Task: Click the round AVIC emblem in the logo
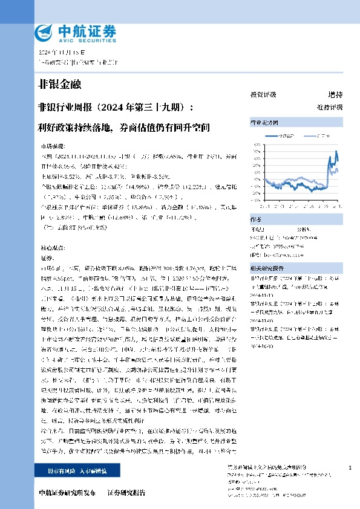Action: point(44,32)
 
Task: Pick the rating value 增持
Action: point(335,95)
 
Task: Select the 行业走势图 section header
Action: point(264,123)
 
